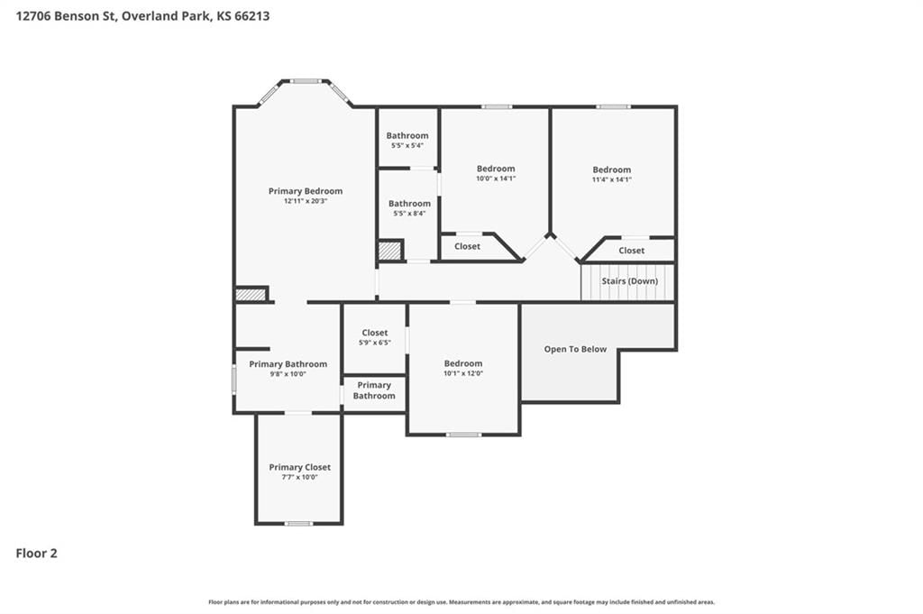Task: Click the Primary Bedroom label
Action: [305, 191]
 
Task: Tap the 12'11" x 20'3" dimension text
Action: [306, 201]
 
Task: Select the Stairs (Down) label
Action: [629, 280]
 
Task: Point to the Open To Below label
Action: [575, 349]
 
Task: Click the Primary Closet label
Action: [299, 467]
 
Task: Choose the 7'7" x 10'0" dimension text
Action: [299, 477]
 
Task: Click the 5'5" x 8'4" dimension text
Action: [409, 214]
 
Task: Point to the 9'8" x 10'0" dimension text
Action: [288, 374]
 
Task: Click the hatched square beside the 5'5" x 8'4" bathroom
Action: [389, 251]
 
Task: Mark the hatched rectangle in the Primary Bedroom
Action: [251, 294]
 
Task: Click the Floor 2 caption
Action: [36, 553]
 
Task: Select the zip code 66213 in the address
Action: [252, 16]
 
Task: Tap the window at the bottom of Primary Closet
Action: [299, 523]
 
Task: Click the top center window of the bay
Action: [306, 81]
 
